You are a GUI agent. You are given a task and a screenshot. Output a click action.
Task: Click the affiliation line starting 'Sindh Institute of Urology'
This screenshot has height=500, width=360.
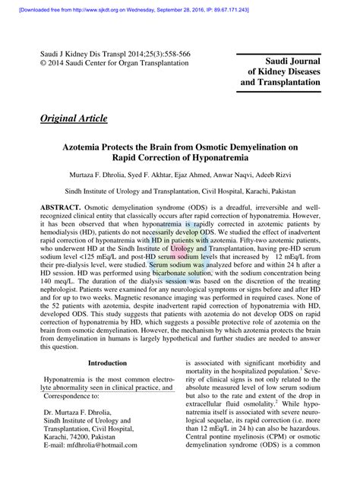coord(180,192)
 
